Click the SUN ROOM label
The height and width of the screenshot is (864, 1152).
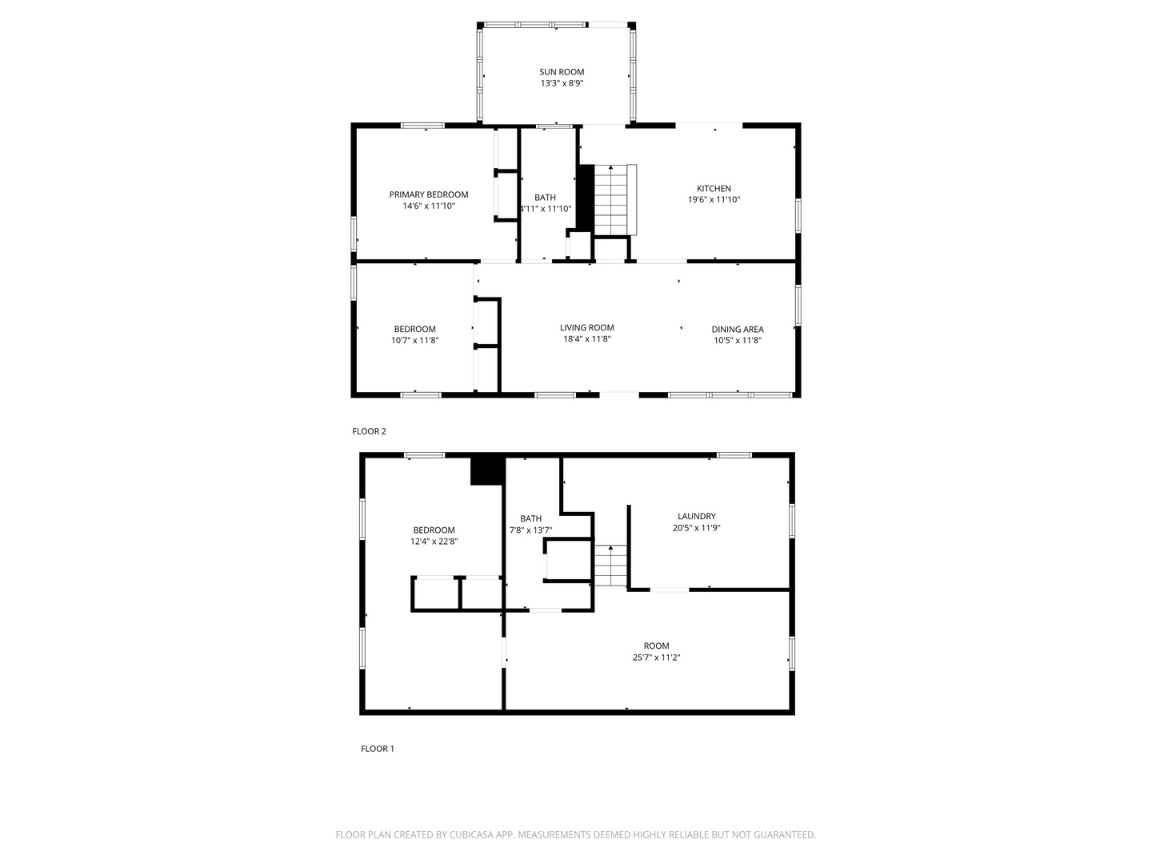(562, 72)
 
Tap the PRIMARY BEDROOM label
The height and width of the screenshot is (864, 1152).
(428, 194)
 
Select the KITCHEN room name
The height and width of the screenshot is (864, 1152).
(714, 188)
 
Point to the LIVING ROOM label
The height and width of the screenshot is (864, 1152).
(586, 328)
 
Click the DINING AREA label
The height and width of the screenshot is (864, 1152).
(738, 330)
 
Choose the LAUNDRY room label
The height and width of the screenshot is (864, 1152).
(697, 516)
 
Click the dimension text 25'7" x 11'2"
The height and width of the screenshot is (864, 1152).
(656, 658)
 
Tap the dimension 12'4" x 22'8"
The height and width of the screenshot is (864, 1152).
(434, 542)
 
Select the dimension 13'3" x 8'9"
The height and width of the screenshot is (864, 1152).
(562, 83)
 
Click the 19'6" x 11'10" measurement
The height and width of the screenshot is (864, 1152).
(714, 199)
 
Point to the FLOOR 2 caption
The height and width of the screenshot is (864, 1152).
(369, 431)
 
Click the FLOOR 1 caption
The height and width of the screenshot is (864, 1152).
(378, 749)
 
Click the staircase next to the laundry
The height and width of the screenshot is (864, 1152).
(610, 566)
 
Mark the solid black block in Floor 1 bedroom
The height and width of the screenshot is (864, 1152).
(487, 470)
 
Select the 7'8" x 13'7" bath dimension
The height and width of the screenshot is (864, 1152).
(530, 530)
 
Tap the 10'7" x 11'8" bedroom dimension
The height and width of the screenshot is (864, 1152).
(414, 341)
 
